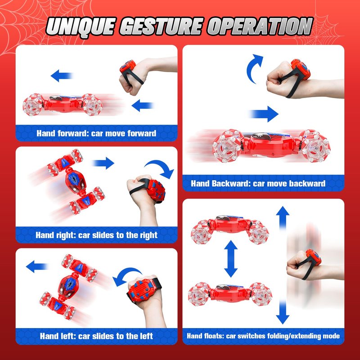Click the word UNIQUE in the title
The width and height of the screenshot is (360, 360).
tap(81, 27)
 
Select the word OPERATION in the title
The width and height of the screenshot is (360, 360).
tap(261, 26)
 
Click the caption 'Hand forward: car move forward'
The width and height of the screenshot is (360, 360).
tap(96, 133)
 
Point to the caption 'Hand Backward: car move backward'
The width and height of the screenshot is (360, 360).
tap(258, 184)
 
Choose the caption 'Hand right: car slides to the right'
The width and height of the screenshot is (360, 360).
tap(96, 235)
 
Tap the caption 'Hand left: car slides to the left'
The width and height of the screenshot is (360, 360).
tap(96, 336)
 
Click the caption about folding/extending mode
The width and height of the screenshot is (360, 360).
tap(263, 336)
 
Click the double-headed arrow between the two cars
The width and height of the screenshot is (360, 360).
tap(231, 259)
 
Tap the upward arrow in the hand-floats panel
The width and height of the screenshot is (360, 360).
tap(283, 218)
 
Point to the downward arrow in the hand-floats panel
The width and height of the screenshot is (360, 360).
tap(283, 313)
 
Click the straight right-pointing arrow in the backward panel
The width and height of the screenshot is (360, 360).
tap(264, 114)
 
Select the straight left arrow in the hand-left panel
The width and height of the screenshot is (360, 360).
tap(37, 266)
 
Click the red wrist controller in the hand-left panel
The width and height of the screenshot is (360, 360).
tap(140, 289)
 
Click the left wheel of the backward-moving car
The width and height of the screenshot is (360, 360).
tap(227, 146)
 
